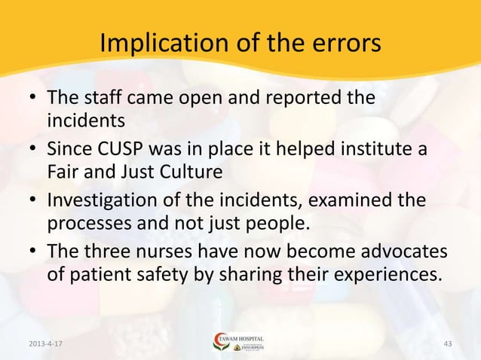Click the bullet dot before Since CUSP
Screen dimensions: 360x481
[x=32, y=151]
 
